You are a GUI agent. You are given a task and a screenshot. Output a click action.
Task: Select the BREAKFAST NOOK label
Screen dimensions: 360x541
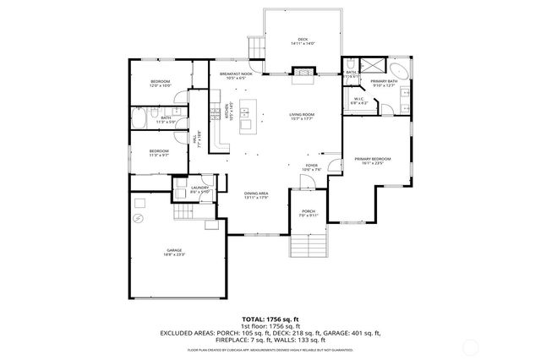pos(237,76)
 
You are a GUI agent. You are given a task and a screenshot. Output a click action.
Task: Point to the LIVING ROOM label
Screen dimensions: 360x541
pos(302,117)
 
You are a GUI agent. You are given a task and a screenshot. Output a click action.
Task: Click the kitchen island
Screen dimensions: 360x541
pos(247,116)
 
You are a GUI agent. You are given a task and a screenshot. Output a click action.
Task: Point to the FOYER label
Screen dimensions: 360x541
pos(312,166)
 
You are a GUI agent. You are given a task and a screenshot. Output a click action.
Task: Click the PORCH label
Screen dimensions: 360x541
pos(309,213)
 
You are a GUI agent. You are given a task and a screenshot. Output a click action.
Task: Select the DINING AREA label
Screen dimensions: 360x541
pos(255,195)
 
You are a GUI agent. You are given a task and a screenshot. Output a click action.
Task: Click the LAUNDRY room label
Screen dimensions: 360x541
pos(199,189)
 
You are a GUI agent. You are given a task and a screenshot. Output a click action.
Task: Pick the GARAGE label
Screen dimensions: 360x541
pos(175,251)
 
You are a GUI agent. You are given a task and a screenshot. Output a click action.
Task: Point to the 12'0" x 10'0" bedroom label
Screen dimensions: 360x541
pos(161,83)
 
